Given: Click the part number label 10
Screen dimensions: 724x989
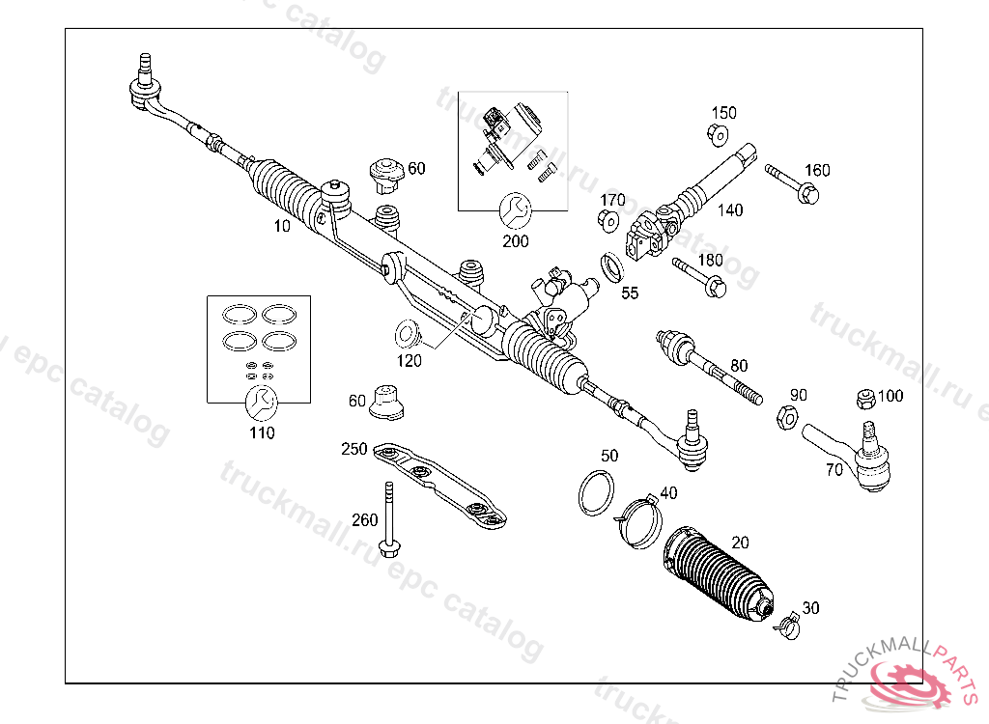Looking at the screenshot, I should pyautogui.click(x=282, y=227).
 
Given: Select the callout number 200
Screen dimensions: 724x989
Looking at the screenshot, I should pyautogui.click(x=516, y=240).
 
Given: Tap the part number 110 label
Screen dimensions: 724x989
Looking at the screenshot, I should pyautogui.click(x=261, y=432).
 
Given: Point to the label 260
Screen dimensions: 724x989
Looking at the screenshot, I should pyautogui.click(x=365, y=520).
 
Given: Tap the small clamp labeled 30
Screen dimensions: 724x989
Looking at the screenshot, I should pyautogui.click(x=788, y=624).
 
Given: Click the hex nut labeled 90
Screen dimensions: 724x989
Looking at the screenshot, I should pyautogui.click(x=786, y=418).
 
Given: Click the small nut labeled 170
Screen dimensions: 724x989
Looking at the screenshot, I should pyautogui.click(x=608, y=221).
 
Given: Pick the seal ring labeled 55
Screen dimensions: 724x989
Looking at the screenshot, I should pyautogui.click(x=611, y=266).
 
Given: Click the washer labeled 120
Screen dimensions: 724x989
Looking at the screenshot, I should pyautogui.click(x=407, y=335).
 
